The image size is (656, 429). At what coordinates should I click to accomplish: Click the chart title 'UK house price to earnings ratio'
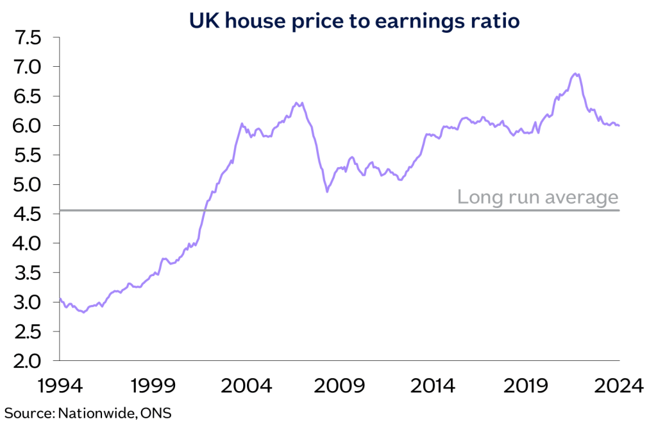[x=354, y=21]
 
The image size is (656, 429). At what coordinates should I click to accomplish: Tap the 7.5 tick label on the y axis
[x=26, y=38]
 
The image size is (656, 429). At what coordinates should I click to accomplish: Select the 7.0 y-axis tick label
[x=26, y=67]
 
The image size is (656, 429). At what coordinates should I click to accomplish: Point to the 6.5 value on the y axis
[x=26, y=96]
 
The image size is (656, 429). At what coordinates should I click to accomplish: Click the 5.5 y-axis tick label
[x=26, y=155]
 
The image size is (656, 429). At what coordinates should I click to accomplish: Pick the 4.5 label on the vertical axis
[x=26, y=214]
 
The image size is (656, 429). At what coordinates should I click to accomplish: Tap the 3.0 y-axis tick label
[x=26, y=302]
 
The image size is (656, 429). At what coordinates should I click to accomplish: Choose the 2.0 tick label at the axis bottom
[x=26, y=361]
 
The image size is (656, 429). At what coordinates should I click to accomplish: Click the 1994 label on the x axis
[x=60, y=386]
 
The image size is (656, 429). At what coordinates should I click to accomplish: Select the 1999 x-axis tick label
[x=153, y=386]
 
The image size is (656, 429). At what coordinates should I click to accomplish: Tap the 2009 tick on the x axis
[x=340, y=386]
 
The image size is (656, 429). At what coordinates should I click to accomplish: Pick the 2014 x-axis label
[x=433, y=386]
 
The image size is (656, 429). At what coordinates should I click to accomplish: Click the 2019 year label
[x=526, y=386]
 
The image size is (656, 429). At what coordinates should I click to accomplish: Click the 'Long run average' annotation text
[x=537, y=197]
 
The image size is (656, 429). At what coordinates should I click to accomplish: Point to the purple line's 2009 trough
[x=327, y=191]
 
